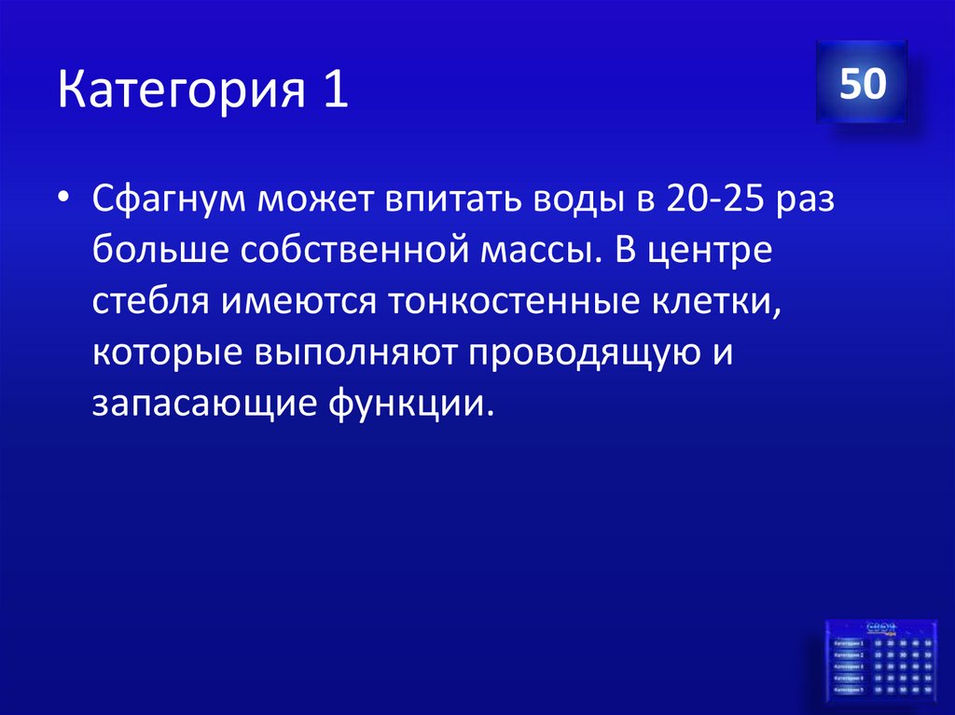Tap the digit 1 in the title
(x=337, y=94)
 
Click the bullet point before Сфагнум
(x=62, y=200)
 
